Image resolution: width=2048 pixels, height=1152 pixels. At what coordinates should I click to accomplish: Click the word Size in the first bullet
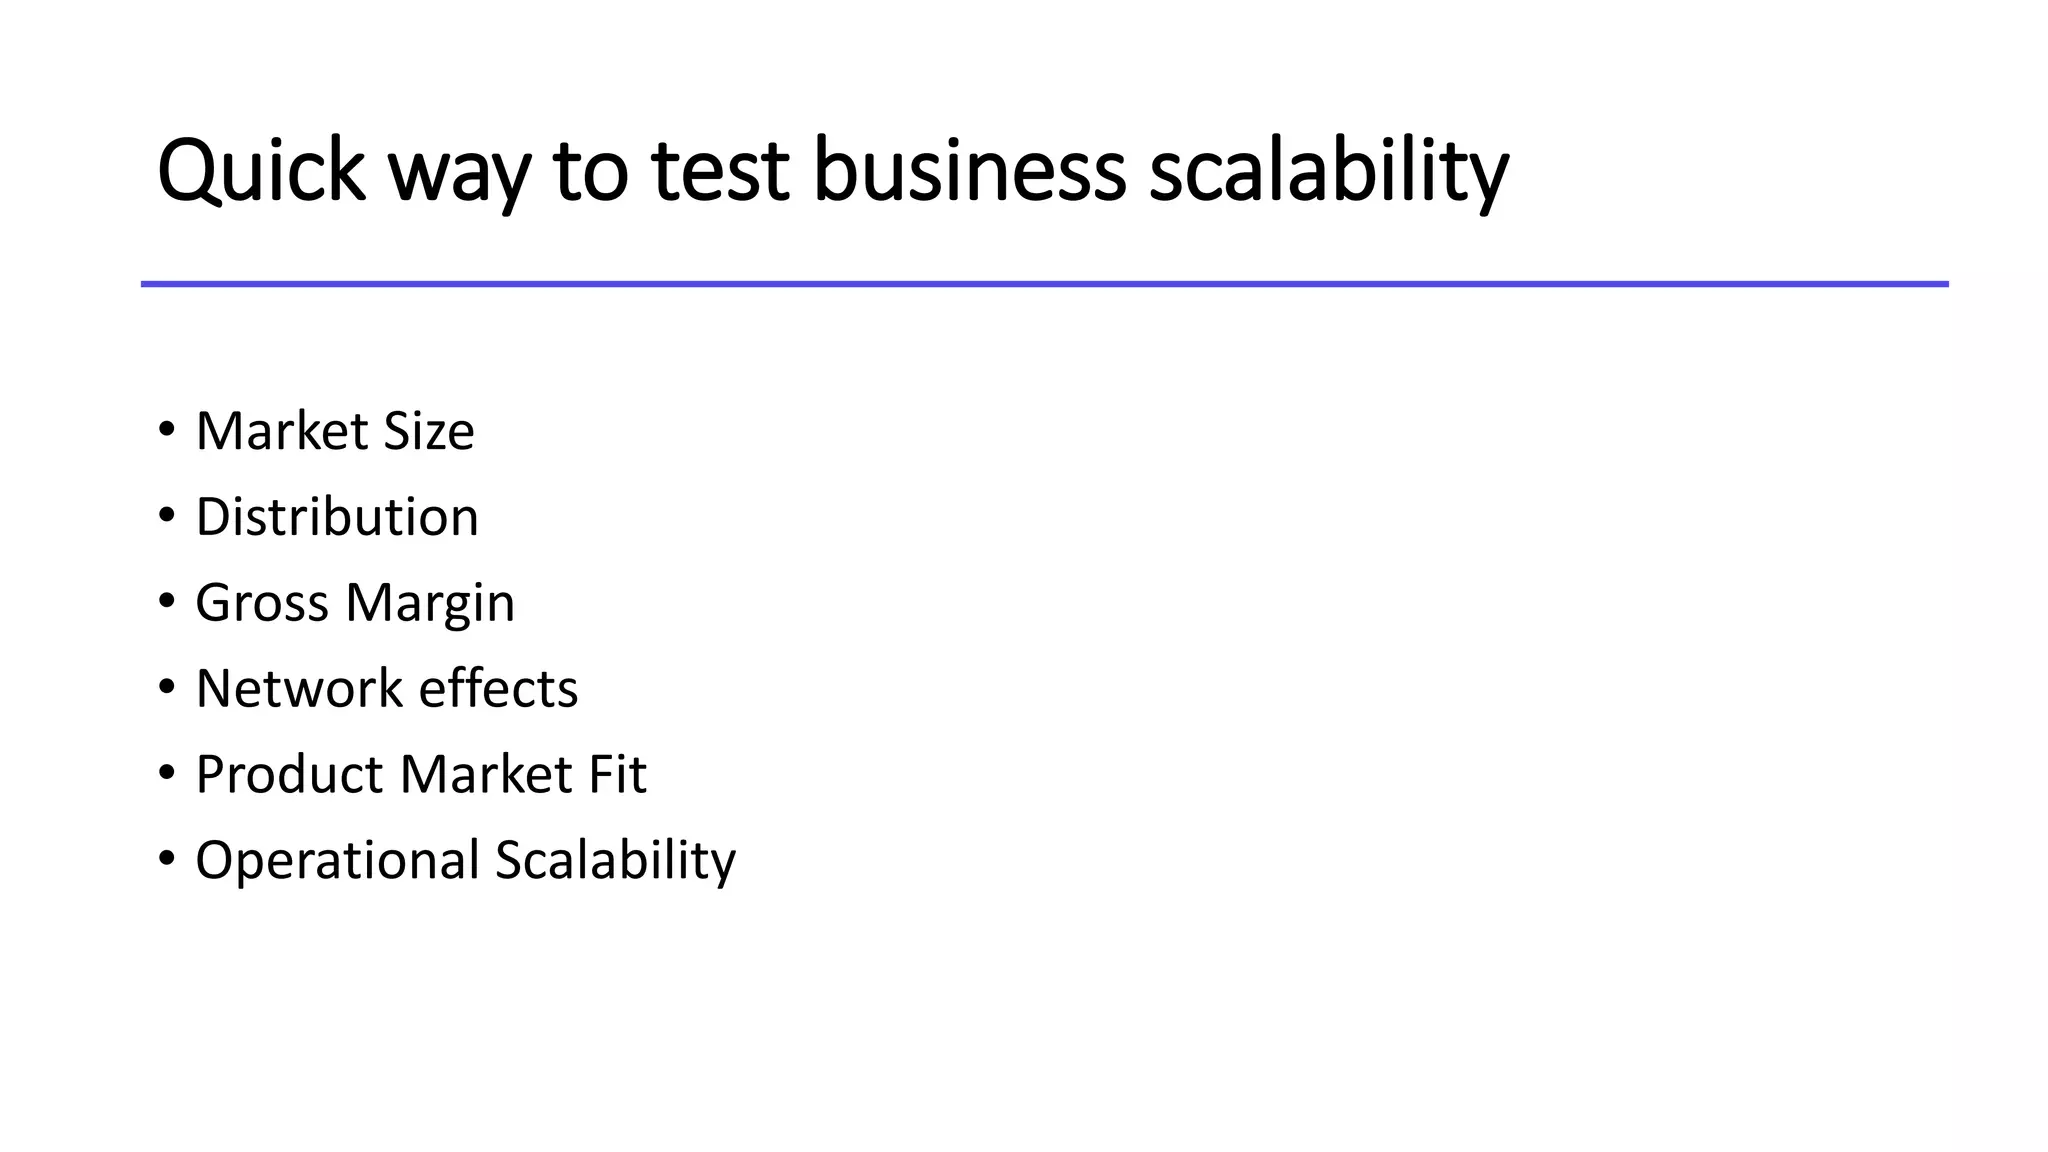429,431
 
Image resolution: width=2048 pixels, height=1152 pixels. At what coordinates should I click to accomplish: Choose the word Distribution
337,517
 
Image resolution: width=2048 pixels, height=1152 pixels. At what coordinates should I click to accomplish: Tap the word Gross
262,603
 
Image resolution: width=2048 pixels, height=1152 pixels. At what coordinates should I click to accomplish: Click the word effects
498,689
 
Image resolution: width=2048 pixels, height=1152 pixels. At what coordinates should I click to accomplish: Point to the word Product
290,775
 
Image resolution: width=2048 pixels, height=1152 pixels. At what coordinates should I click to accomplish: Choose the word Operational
338,861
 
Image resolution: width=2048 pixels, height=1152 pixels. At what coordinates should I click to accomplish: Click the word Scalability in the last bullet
615,861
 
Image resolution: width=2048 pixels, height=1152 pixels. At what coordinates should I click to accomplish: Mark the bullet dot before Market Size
167,431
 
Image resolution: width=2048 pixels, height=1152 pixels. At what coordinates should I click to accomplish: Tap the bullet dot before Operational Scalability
167,859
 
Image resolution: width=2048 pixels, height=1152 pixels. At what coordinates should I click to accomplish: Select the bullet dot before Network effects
167,688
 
